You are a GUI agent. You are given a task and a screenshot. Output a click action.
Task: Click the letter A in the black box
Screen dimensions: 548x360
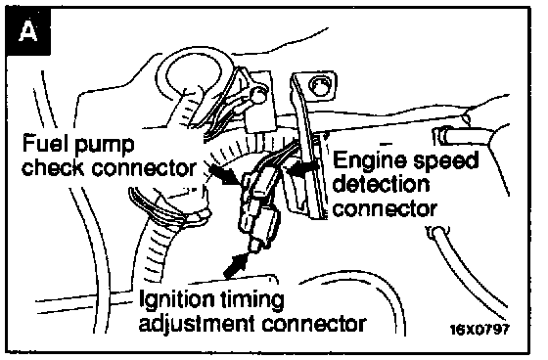(x=28, y=30)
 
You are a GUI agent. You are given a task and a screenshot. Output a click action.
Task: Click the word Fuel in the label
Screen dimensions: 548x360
(x=45, y=143)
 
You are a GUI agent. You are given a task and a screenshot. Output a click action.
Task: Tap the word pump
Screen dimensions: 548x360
(x=105, y=146)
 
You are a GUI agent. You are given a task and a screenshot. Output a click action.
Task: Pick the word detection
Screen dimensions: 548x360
(x=381, y=184)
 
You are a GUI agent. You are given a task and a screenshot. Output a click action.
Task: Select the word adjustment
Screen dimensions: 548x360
(x=197, y=324)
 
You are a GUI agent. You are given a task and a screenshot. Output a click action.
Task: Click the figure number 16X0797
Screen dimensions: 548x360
(x=479, y=329)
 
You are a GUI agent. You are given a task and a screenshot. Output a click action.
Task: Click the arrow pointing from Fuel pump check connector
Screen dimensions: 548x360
(x=224, y=175)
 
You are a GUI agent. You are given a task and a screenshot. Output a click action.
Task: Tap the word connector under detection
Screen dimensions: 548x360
(x=385, y=208)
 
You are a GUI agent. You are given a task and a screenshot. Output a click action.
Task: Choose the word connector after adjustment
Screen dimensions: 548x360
(x=314, y=324)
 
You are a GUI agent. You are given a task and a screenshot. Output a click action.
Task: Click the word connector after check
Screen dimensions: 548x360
(x=144, y=167)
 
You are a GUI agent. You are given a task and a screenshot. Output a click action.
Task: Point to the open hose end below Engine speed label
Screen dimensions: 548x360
(x=436, y=231)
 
